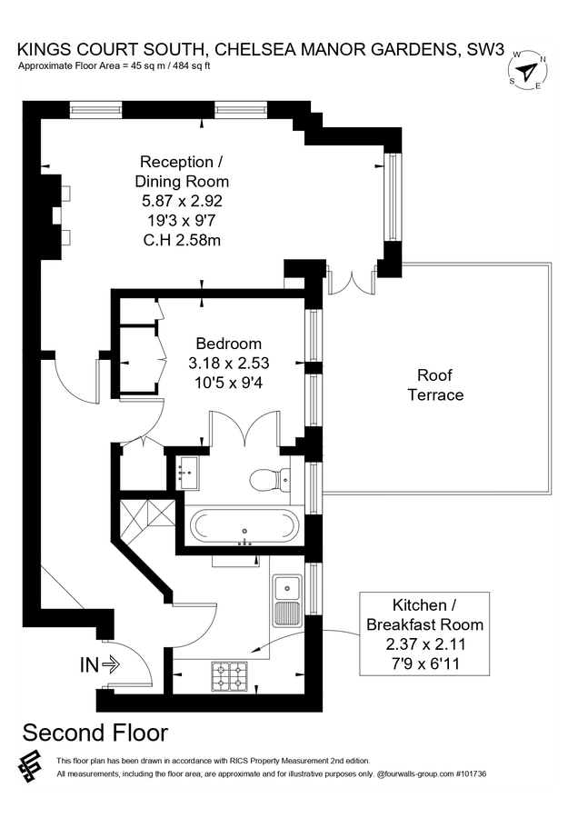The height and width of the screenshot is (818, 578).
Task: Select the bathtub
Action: (243, 527)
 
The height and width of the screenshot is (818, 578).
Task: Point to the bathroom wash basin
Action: (188, 472)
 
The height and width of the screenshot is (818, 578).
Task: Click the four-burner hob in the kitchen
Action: (229, 675)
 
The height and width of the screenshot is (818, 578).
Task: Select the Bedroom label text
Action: (229, 344)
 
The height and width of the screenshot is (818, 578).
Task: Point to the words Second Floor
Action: (95, 733)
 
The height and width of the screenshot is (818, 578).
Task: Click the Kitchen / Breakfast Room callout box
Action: (424, 634)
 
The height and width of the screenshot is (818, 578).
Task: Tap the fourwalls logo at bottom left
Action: (30, 766)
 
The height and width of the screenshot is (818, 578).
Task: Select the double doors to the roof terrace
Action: (353, 281)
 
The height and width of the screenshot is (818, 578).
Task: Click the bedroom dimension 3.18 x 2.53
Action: (229, 363)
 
